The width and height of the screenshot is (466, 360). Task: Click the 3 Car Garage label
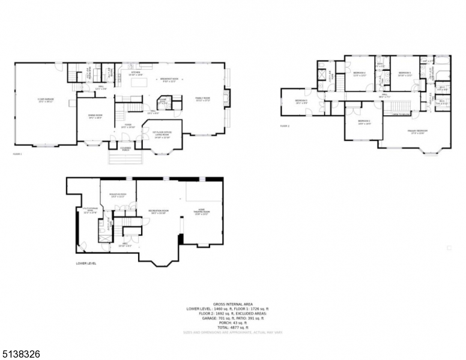point(46,100)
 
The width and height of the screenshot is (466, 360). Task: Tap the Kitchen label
point(136,73)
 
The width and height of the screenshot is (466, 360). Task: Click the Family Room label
point(202,98)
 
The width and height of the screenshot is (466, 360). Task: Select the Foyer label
point(128,125)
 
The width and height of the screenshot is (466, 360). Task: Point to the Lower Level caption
point(86,263)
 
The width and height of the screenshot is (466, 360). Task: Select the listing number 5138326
point(21,354)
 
